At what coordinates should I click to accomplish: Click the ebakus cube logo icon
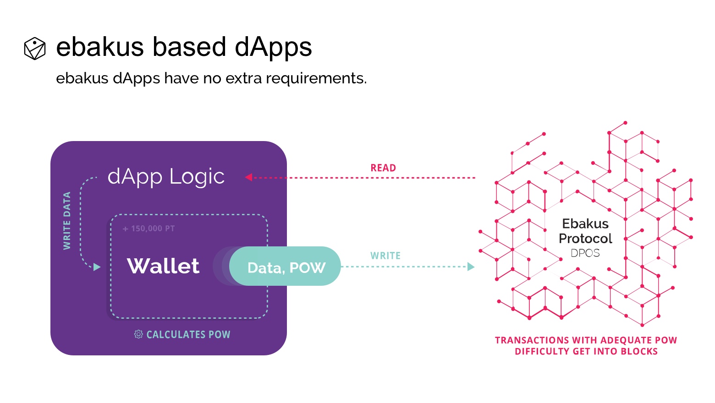pos(35,49)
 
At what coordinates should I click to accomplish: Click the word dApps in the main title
pos(273,48)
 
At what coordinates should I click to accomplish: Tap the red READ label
pos(383,168)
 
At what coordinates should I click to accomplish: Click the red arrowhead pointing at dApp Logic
pos(249,177)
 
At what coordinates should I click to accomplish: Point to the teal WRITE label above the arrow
pos(385,256)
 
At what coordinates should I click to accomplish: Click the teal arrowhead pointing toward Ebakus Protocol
pos(471,267)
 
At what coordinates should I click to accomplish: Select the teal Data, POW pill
pos(285,266)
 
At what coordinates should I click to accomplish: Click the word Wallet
pos(163,266)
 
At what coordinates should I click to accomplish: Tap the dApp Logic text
pos(166,176)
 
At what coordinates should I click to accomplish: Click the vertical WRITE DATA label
pos(67,221)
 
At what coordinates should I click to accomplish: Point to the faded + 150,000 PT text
pos(149,229)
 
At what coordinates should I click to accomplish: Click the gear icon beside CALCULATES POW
pos(138,334)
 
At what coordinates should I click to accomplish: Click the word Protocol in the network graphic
pos(585,239)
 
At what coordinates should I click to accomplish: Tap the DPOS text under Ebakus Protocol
pos(585,253)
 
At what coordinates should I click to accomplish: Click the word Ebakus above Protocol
pos(585,224)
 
